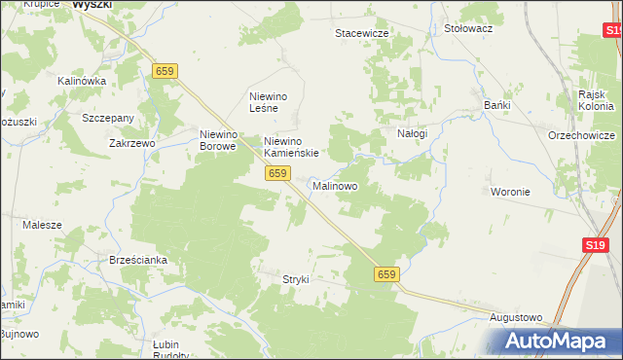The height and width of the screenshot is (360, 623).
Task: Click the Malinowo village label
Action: click(335, 185)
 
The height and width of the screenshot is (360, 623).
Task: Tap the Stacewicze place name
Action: click(362, 33)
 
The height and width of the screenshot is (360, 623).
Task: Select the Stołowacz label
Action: click(468, 29)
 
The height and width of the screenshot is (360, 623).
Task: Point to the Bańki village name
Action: click(498, 105)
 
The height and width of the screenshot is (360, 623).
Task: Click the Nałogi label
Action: click(412, 133)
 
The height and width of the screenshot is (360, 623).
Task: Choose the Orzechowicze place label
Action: click(581, 135)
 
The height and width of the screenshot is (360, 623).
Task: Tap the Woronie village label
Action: click(511, 192)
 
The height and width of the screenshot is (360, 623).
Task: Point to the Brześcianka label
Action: click(140, 261)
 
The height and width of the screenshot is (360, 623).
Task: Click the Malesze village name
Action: click(43, 225)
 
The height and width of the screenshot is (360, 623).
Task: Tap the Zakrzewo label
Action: click(132, 143)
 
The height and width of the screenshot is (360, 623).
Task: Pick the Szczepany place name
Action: click(108, 118)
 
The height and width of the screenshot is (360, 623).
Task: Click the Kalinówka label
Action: click(82, 81)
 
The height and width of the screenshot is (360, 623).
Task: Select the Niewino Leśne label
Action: click(271, 102)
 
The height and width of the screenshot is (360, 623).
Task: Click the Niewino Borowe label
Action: click(218, 140)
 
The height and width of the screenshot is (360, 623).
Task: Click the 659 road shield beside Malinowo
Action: click(277, 173)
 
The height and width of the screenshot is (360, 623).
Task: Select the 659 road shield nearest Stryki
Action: click(386, 275)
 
